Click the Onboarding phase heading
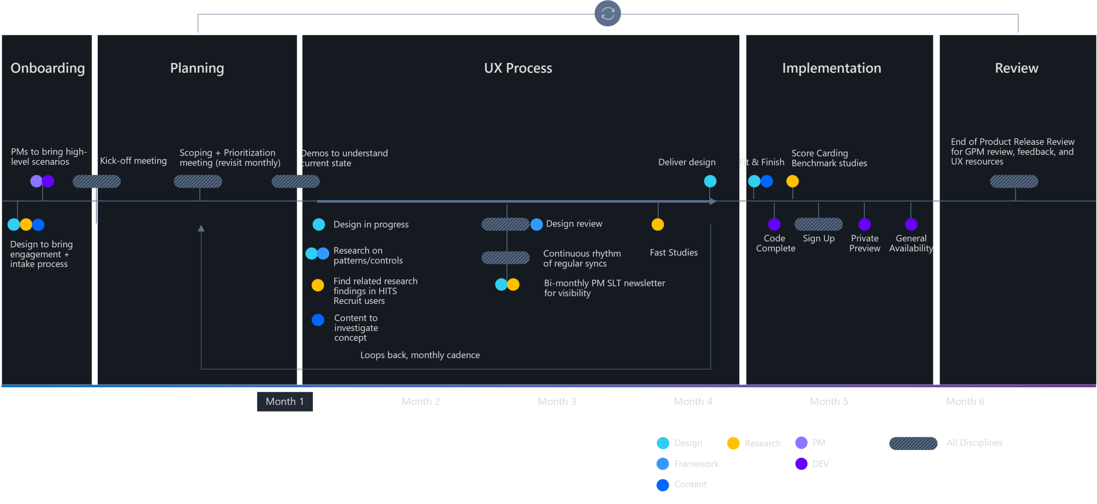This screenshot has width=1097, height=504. (47, 68)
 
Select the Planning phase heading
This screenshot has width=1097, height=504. (197, 68)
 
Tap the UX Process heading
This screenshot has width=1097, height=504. (518, 68)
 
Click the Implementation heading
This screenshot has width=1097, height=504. (832, 68)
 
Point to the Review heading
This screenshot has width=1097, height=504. (1016, 68)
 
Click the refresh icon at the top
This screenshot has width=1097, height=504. (608, 13)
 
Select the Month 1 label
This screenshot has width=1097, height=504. (285, 401)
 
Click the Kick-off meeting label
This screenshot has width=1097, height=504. (133, 161)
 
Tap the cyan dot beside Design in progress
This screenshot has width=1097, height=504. (319, 224)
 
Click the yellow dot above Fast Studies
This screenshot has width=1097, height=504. (657, 224)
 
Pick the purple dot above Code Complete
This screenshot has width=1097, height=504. (774, 224)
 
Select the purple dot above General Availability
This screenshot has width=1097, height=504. (911, 224)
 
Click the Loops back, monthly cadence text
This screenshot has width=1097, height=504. (420, 355)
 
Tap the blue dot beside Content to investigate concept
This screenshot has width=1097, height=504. (318, 320)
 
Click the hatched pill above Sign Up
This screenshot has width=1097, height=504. (818, 224)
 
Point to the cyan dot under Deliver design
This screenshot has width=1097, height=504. (710, 181)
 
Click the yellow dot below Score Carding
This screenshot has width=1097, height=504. (792, 181)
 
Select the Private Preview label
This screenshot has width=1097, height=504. (864, 243)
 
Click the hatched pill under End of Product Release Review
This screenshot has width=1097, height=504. (1014, 181)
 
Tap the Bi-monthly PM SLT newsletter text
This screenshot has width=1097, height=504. (604, 288)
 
